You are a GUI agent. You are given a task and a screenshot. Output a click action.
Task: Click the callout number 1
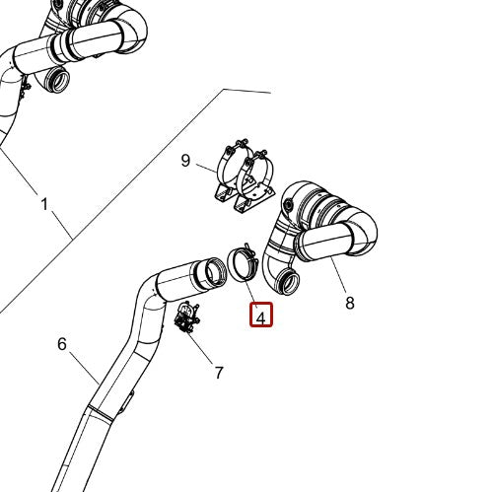click(x=43, y=204)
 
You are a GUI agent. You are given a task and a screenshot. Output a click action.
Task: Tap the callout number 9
click(x=184, y=161)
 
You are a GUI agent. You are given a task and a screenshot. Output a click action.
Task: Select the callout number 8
click(x=350, y=303)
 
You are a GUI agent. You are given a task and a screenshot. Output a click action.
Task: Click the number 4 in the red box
click(x=260, y=316)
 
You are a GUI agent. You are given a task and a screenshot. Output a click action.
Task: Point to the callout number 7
click(x=219, y=372)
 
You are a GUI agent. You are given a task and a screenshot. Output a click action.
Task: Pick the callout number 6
click(x=62, y=343)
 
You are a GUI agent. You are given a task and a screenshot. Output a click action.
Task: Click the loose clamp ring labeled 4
click(x=242, y=266)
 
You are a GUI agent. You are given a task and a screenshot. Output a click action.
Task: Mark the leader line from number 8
click(x=338, y=277)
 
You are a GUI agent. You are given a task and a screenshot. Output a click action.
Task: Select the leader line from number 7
click(x=202, y=349)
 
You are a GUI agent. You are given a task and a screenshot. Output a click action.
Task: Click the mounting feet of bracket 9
click(x=242, y=203)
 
